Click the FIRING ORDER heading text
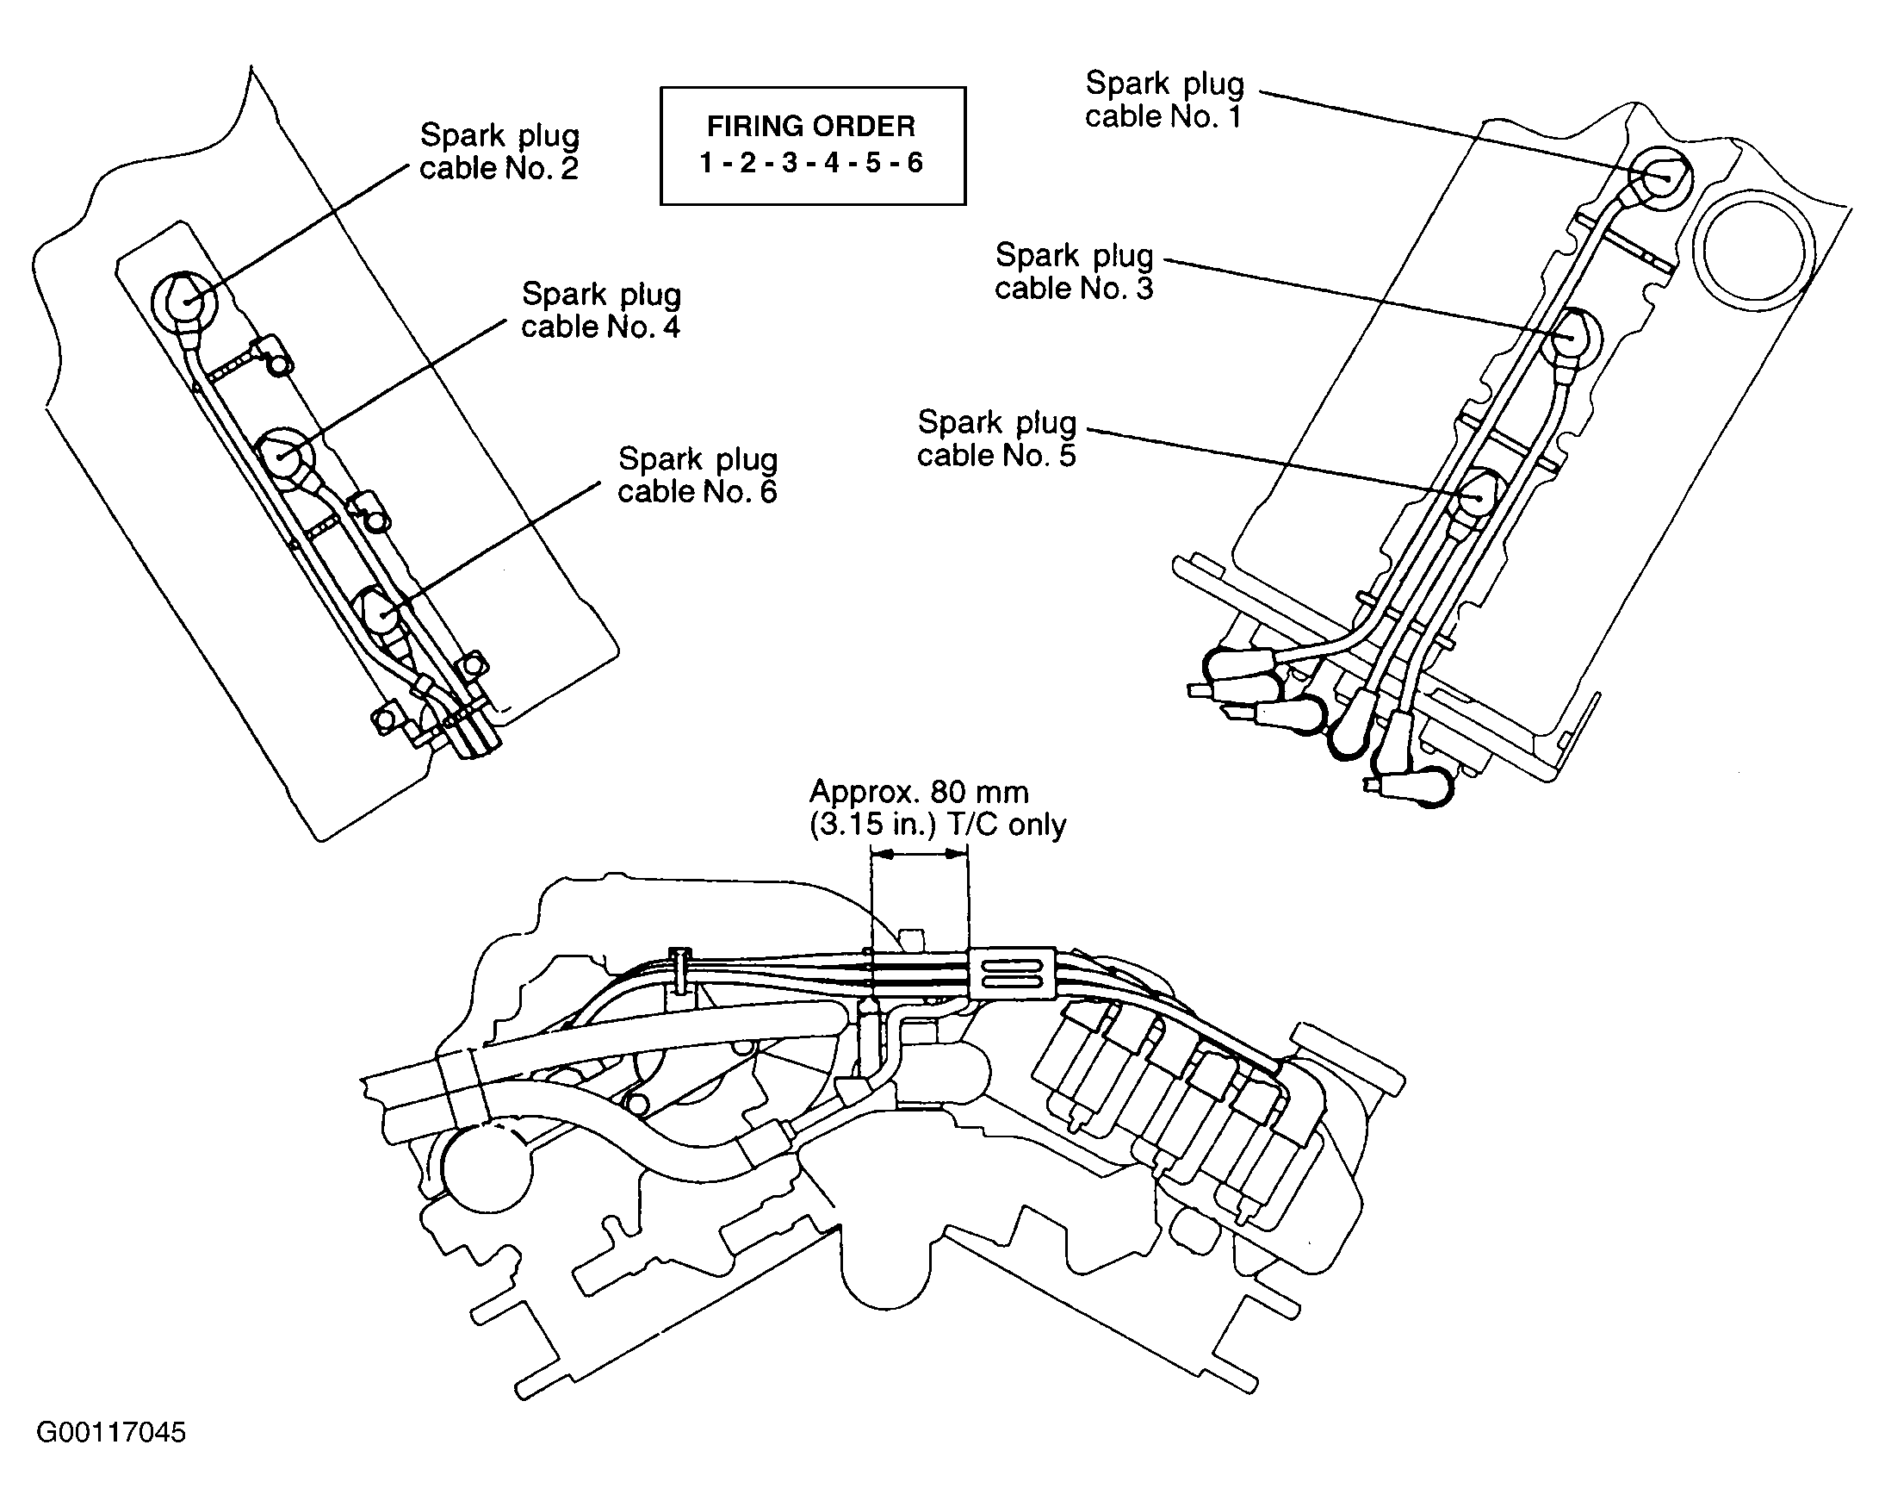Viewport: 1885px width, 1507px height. pyautogui.click(x=810, y=127)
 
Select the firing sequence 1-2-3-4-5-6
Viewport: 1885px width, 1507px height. pyautogui.click(x=810, y=164)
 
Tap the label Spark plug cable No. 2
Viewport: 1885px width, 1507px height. pyautogui.click(x=499, y=152)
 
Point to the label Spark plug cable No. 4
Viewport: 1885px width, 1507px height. pyautogui.click(x=601, y=310)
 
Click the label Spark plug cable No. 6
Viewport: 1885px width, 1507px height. pyautogui.click(x=697, y=475)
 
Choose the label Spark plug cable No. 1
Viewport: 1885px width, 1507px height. pyautogui.click(x=1163, y=100)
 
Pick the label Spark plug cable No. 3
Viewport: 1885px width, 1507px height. pyautogui.click(x=1074, y=272)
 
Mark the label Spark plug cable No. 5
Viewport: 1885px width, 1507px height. pyautogui.click(x=995, y=439)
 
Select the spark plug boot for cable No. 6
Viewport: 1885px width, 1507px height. pyautogui.click(x=383, y=613)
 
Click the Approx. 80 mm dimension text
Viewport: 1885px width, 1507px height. pyautogui.click(x=919, y=793)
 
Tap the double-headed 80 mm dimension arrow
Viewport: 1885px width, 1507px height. pyautogui.click(x=920, y=856)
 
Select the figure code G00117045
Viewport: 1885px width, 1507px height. pyautogui.click(x=111, y=1433)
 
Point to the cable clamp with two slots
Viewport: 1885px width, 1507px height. pyautogui.click(x=1013, y=973)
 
